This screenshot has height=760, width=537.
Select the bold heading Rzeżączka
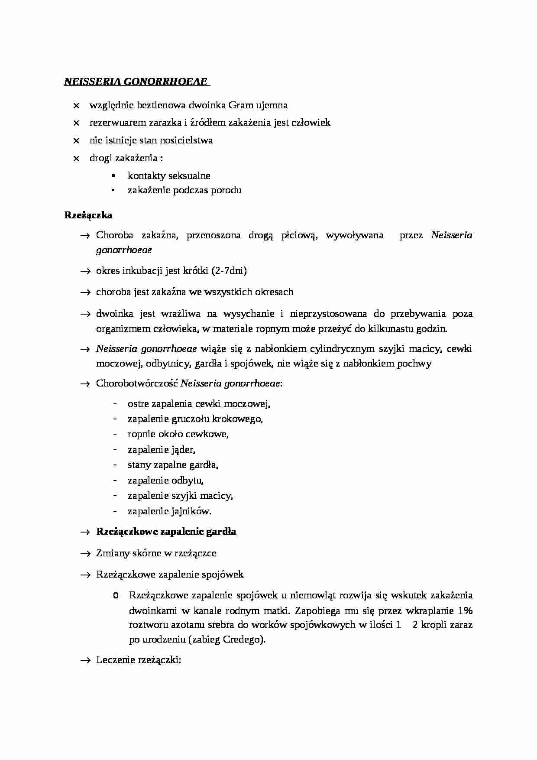click(88, 215)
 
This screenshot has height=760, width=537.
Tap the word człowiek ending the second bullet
click(311, 123)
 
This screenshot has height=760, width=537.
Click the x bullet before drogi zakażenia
click(76, 159)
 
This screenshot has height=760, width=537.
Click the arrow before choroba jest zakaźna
click(84, 292)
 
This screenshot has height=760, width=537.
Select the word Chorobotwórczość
click(137, 383)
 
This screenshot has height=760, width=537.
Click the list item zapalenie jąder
click(161, 450)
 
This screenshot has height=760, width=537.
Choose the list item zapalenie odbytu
click(165, 481)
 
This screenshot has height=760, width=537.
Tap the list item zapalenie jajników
click(169, 511)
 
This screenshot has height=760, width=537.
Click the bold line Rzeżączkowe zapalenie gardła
click(166, 532)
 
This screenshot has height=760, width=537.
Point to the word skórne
click(147, 553)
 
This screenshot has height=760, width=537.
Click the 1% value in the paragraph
click(465, 611)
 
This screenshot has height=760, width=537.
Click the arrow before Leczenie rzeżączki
click(84, 660)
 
